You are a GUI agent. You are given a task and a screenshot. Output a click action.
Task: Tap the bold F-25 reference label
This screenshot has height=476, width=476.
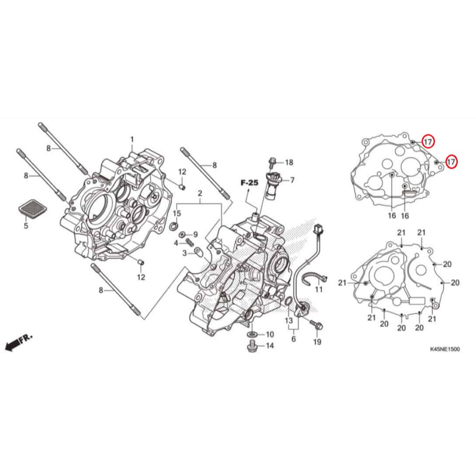[249, 184]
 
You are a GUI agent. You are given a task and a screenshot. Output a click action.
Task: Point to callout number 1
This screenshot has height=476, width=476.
[132, 139]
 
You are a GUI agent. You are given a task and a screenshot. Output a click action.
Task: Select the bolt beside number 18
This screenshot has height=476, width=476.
[272, 162]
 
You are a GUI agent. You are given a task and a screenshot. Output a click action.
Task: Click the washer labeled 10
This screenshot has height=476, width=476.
[253, 334]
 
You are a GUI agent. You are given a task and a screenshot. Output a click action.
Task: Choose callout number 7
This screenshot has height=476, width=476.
[292, 180]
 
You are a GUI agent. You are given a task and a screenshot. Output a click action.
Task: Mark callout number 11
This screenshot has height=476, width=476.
[318, 290]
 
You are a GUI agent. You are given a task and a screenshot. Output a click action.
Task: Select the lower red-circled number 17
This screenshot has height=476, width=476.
[450, 161]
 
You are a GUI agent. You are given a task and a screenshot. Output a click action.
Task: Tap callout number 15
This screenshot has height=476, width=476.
[177, 213]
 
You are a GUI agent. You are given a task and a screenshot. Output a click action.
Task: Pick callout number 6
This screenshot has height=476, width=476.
[293, 339]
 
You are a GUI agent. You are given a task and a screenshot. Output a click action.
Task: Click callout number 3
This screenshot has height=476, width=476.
[185, 253]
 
